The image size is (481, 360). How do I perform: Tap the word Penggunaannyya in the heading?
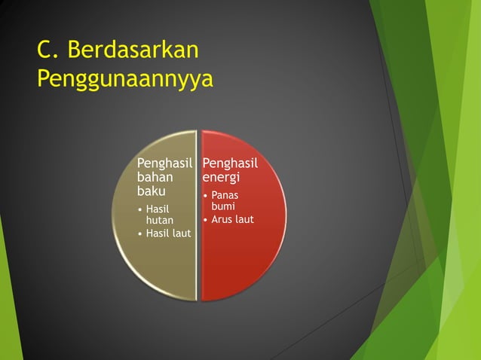point(124,78)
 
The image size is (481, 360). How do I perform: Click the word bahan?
point(155,177)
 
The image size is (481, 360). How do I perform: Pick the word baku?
point(150,191)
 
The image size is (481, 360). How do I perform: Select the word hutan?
point(159,220)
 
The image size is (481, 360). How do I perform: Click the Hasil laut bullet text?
point(168,233)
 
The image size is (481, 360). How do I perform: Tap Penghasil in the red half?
point(230,163)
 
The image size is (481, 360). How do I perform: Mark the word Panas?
point(225,196)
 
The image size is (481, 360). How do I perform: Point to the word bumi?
point(223,206)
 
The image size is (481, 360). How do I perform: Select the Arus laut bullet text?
point(232,219)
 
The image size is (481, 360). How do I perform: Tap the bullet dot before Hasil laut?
point(139,233)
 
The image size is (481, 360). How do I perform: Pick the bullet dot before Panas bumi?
point(205,196)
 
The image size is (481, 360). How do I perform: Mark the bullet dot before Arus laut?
point(205,220)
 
